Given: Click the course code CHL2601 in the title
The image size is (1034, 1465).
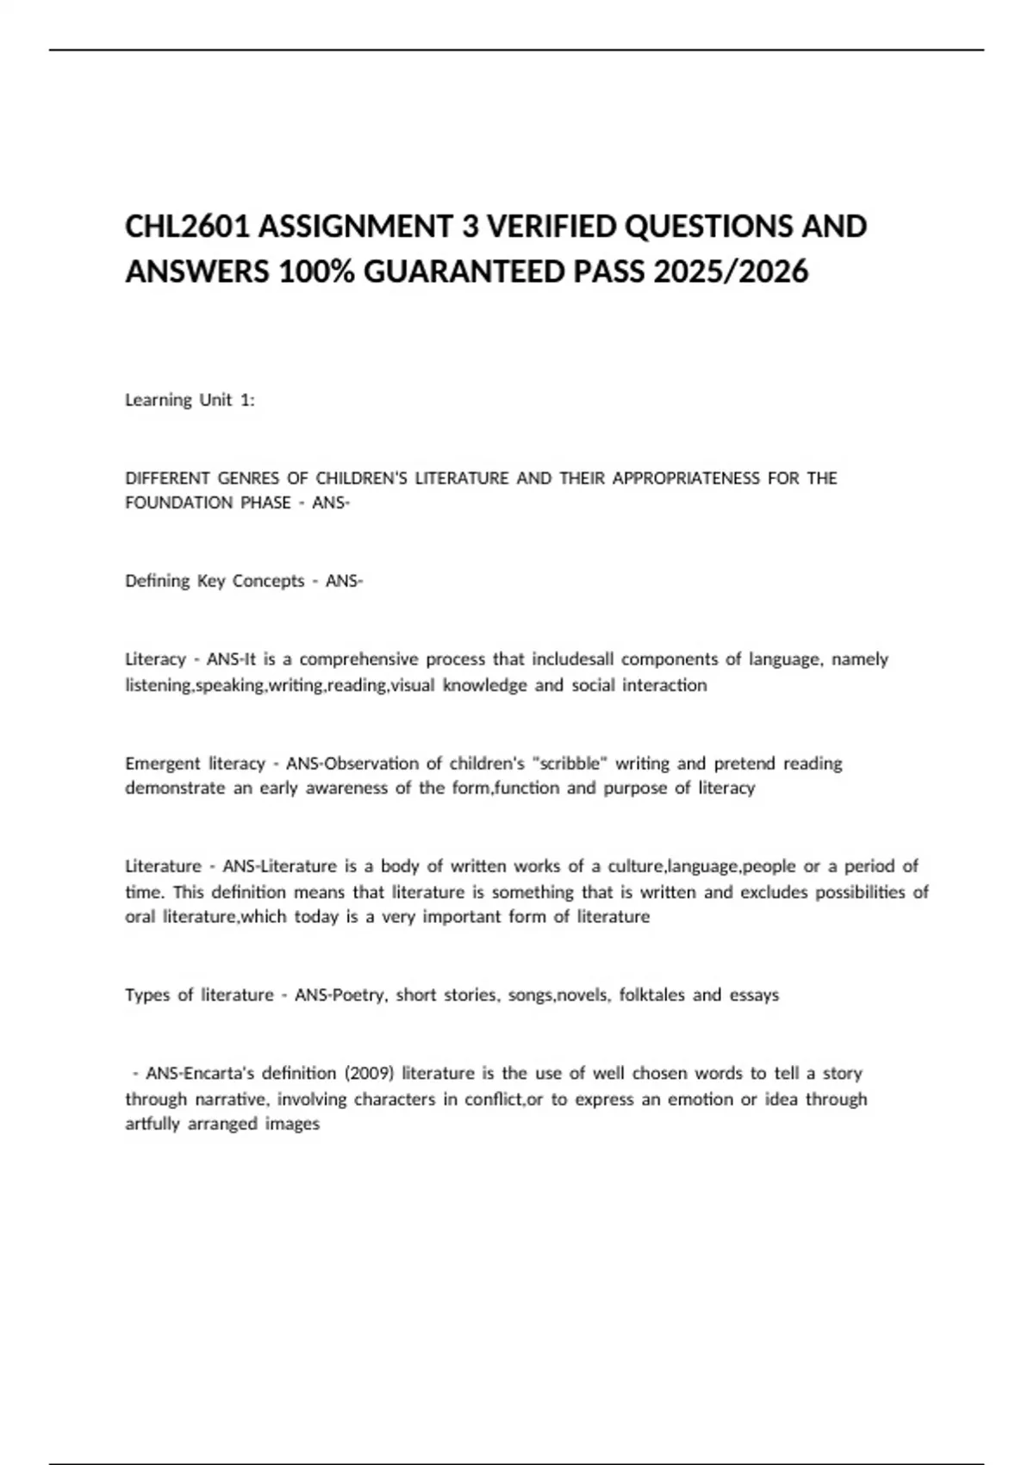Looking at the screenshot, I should pos(187,227).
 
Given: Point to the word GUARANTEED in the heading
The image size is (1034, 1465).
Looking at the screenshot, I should pos(461,272).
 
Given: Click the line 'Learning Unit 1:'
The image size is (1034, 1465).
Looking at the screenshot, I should pos(190,400).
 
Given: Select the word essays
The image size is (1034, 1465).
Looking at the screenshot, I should pos(754,995).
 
